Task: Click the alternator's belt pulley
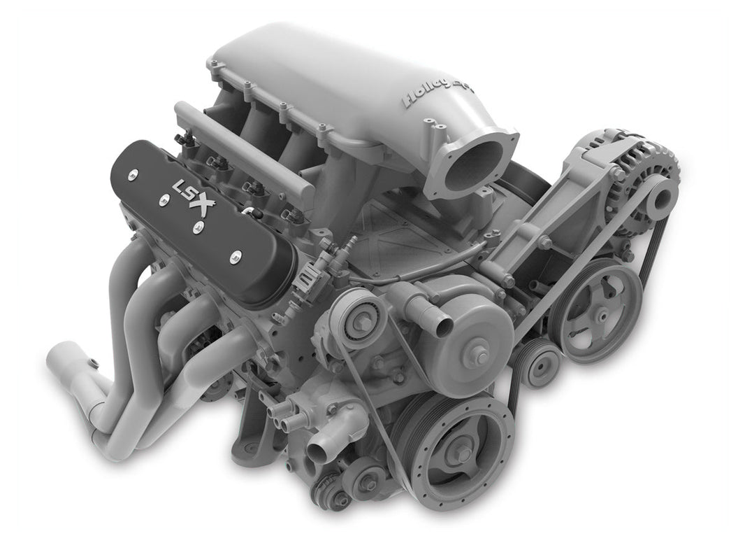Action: (x=656, y=196)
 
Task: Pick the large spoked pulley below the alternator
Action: (x=595, y=310)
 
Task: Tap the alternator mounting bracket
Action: (x=552, y=210)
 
